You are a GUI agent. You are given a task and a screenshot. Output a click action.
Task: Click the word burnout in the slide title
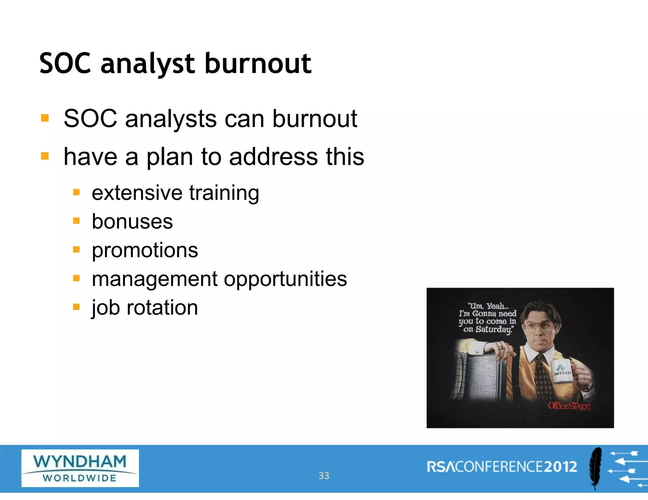[258, 64]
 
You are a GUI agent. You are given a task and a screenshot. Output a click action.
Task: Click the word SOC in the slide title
[65, 64]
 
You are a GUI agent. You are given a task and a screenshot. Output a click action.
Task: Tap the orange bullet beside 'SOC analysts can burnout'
[45, 118]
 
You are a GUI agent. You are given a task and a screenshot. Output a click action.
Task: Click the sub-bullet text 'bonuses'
[132, 222]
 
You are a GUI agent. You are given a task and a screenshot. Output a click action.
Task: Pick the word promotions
[145, 250]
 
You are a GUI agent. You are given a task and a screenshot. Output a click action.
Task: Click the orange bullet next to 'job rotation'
[76, 307]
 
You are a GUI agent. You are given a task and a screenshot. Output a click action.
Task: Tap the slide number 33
[324, 476]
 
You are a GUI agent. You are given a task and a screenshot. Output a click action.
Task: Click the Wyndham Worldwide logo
[80, 468]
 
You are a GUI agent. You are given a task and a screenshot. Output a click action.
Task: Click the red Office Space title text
[569, 405]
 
